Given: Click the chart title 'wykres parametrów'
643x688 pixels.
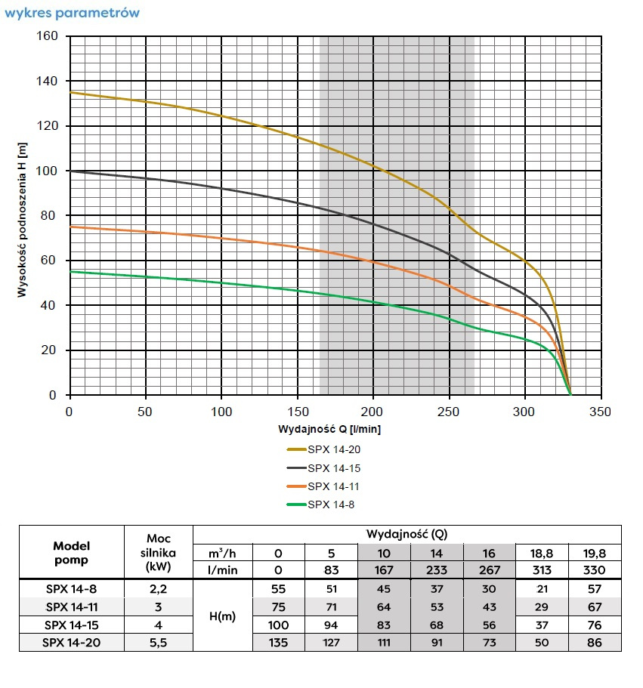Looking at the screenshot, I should [72, 13].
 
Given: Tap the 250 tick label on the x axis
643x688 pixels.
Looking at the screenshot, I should [449, 412].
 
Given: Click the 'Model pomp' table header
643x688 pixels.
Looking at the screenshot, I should [72, 553].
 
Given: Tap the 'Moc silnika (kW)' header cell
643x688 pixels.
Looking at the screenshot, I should [159, 553].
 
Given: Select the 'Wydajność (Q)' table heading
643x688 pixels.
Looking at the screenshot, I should [407, 534].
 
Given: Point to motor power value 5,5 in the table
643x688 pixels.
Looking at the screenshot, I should [159, 642].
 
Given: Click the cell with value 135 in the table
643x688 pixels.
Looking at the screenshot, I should [278, 642].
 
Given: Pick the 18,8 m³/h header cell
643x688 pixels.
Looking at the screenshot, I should [542, 552].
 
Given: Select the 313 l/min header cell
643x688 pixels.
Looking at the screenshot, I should [542, 570].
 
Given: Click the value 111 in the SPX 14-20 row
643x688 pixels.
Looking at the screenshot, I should [384, 642].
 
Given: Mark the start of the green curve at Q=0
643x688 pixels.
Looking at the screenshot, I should [70, 271].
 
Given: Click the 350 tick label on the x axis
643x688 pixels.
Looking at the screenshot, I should [600, 412].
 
